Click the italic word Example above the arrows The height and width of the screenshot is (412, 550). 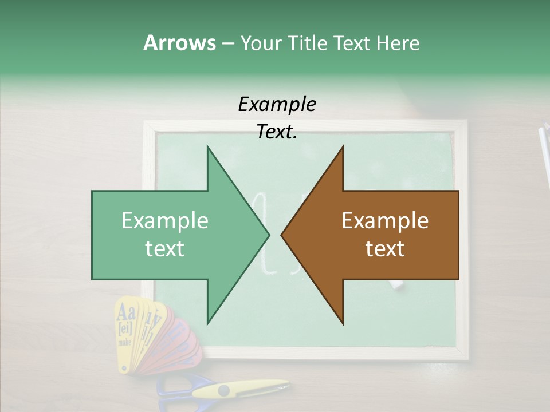[x=277, y=105]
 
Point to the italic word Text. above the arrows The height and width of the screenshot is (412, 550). [x=277, y=132]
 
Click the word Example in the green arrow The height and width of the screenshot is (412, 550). [x=165, y=220]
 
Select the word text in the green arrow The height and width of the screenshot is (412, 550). [x=165, y=249]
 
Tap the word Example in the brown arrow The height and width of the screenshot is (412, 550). [x=385, y=220]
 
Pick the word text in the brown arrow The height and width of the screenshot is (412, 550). [x=385, y=249]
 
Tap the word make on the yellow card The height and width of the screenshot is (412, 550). [x=124, y=342]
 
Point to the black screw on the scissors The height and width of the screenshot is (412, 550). [x=223, y=391]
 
